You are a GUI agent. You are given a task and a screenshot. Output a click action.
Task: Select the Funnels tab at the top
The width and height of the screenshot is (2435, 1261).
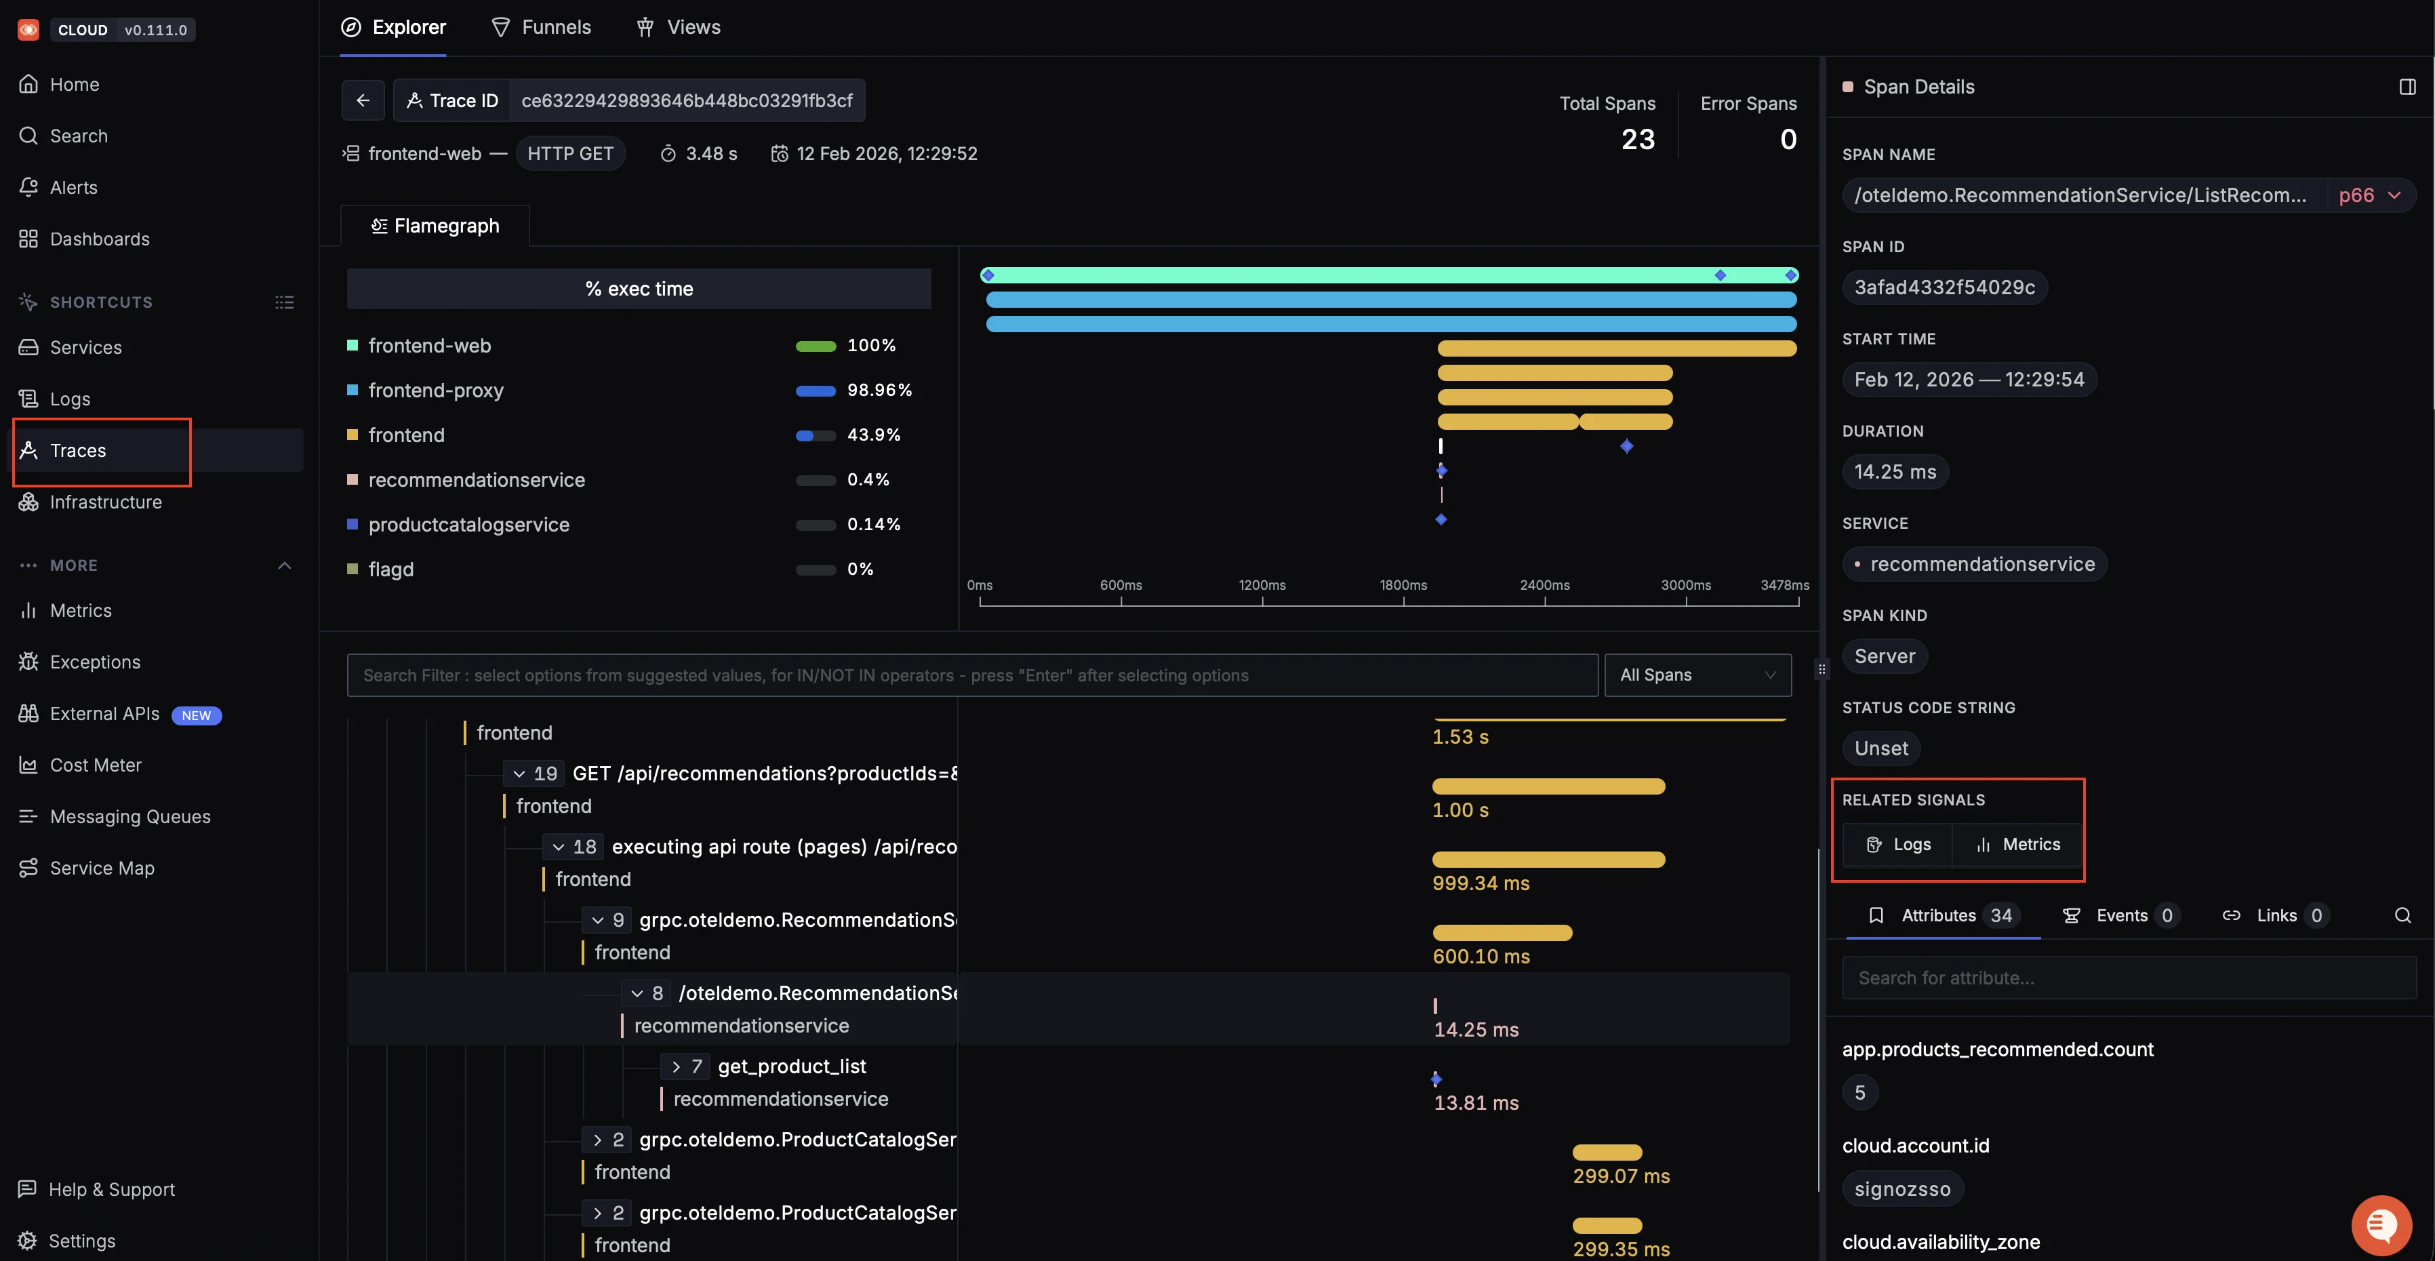pyautogui.click(x=542, y=27)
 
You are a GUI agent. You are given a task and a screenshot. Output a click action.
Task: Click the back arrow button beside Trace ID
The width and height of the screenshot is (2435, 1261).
pyautogui.click(x=363, y=100)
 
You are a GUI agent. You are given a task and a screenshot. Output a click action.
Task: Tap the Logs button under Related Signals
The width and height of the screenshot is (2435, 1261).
pyautogui.click(x=1898, y=844)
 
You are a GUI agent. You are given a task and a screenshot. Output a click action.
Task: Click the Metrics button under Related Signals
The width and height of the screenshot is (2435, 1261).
pyautogui.click(x=2018, y=844)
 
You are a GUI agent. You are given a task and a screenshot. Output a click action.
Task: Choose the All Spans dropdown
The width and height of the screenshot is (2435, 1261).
pyautogui.click(x=1697, y=675)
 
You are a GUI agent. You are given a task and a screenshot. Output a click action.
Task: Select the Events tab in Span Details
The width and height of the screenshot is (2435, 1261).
pyautogui.click(x=2120, y=915)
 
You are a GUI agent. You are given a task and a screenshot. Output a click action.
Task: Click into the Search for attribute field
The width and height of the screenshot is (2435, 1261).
pyautogui.click(x=2127, y=978)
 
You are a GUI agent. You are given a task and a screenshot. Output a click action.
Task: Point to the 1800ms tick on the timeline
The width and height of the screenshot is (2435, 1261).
pyautogui.click(x=1403, y=585)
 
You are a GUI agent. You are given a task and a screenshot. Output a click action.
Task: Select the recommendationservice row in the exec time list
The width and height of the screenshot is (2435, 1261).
pyautogui.click(x=477, y=480)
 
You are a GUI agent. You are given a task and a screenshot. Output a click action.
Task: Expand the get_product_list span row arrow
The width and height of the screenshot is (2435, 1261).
pyautogui.click(x=676, y=1066)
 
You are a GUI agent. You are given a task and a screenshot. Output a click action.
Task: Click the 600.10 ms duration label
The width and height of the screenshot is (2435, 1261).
pyautogui.click(x=1481, y=956)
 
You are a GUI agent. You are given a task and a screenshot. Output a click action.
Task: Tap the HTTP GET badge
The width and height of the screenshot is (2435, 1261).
pyautogui.click(x=570, y=153)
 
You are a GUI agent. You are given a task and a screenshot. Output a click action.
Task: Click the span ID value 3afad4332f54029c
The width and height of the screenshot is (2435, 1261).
pyautogui.click(x=1944, y=287)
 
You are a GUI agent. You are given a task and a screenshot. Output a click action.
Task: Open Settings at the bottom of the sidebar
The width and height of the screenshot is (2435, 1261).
pyautogui.click(x=81, y=1240)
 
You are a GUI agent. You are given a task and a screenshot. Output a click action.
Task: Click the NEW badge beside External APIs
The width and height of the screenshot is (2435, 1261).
pyautogui.click(x=196, y=715)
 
